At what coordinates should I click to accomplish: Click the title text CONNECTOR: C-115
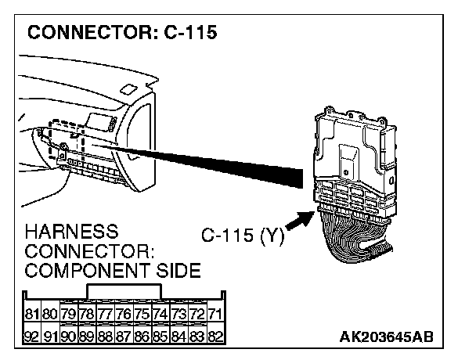[x=121, y=34]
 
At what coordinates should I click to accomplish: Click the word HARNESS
[x=72, y=232]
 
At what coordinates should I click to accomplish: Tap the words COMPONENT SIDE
[x=113, y=271]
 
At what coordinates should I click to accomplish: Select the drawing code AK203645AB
[x=387, y=336]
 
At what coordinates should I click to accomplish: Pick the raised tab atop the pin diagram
[x=124, y=290]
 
